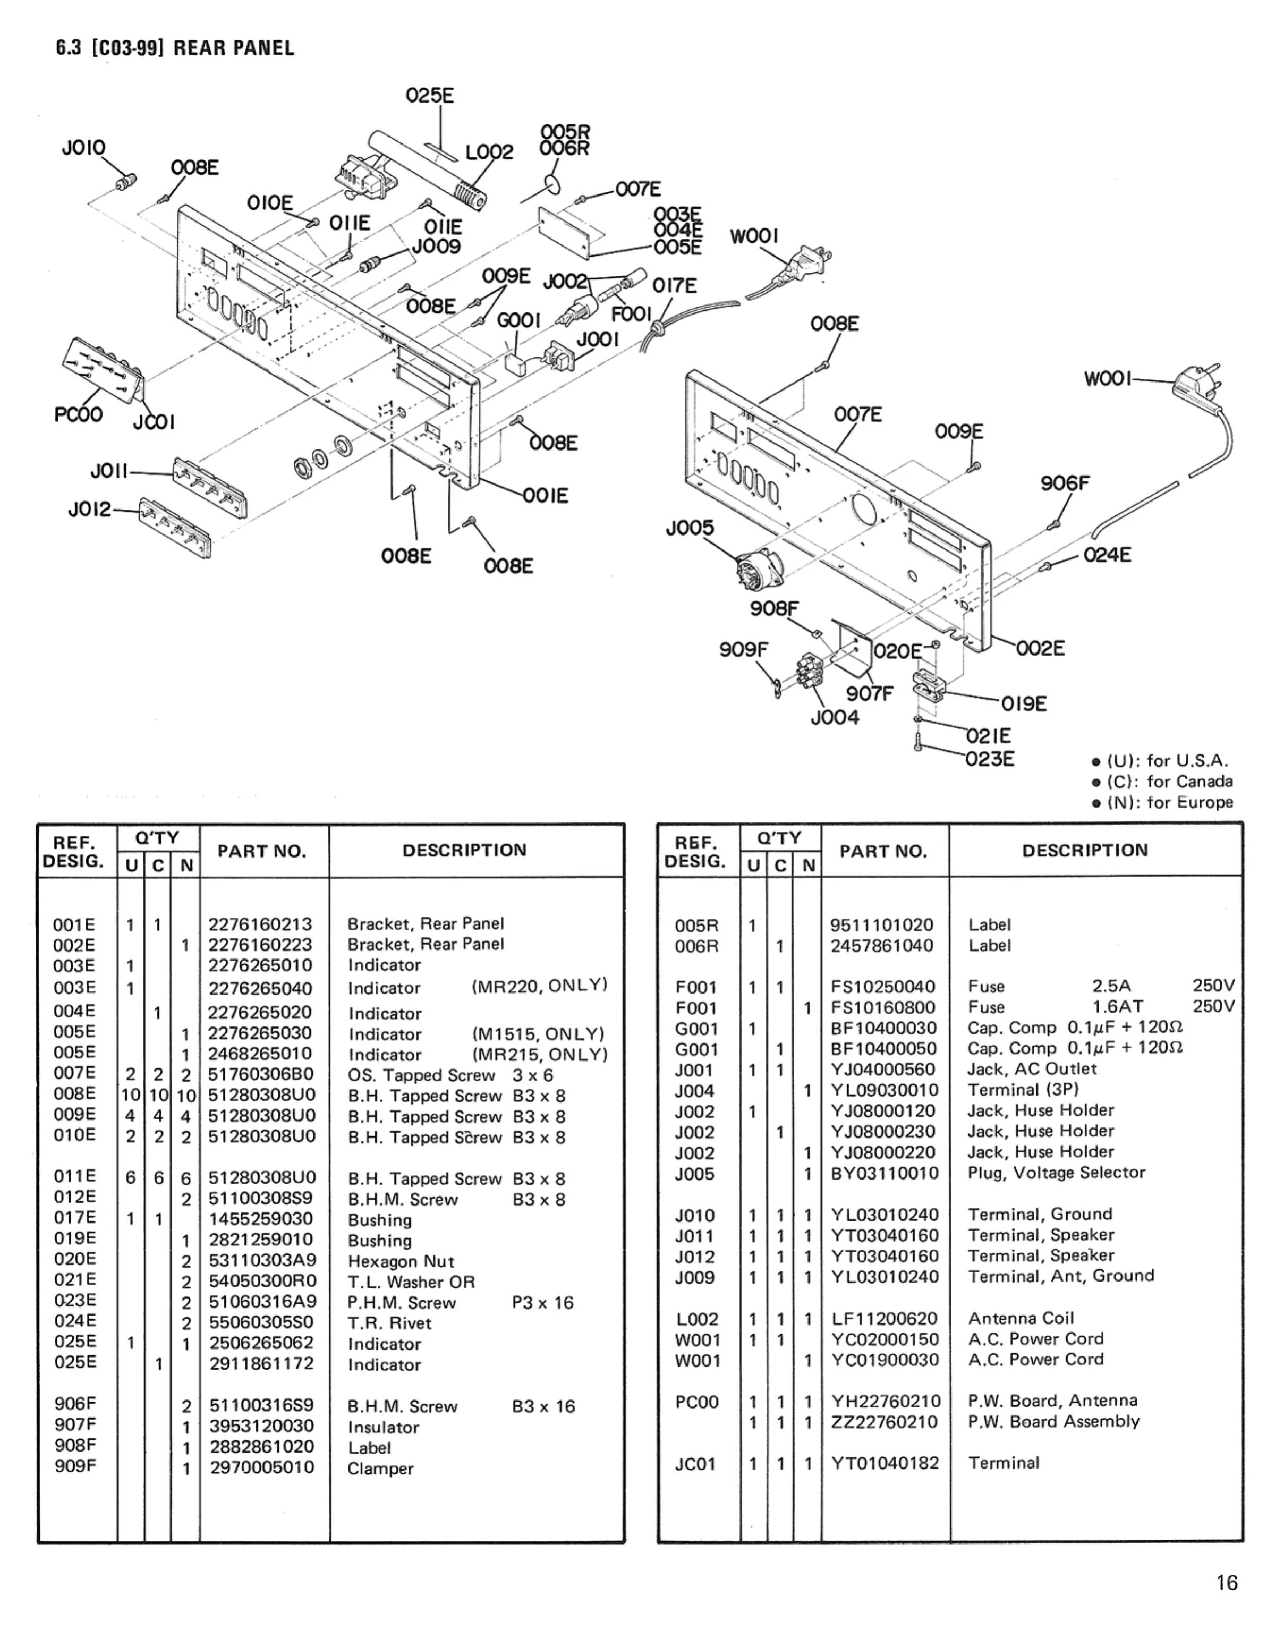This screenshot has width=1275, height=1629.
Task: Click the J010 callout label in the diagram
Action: (x=83, y=148)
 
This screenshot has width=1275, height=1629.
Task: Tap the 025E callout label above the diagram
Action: (x=429, y=96)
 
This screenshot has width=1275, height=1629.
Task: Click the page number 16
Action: (x=1227, y=1583)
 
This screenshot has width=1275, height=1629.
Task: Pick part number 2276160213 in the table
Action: (x=260, y=924)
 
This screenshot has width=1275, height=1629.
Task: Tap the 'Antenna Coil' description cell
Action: (x=1021, y=1318)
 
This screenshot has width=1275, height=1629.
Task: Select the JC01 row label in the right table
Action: (x=695, y=1464)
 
